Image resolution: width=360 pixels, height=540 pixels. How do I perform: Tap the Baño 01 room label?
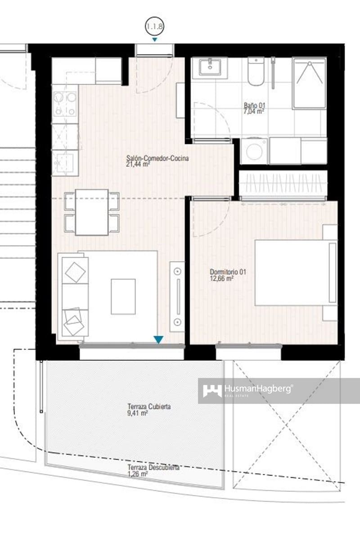point(254,108)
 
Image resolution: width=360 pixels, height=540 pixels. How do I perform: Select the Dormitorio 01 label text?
point(228,275)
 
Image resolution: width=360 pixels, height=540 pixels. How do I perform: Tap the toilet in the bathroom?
point(256,72)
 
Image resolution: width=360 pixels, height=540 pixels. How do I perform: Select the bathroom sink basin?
point(210,68)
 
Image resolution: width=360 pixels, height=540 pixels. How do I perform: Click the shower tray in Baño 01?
point(309,83)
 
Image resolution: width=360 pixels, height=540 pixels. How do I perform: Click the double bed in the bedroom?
point(295,272)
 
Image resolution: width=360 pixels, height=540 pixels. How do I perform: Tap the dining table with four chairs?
point(92,212)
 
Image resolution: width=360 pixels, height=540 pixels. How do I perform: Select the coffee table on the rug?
point(123,297)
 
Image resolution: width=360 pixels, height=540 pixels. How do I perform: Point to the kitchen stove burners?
point(65,103)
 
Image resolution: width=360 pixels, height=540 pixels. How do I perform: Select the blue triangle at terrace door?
point(158,340)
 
